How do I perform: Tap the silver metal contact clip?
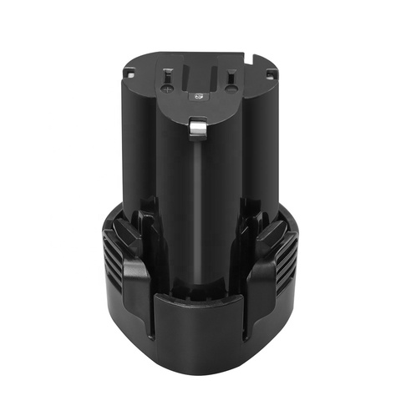coord(199,127)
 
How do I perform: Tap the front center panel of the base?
coord(200,334)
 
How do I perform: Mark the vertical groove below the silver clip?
coord(199,209)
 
